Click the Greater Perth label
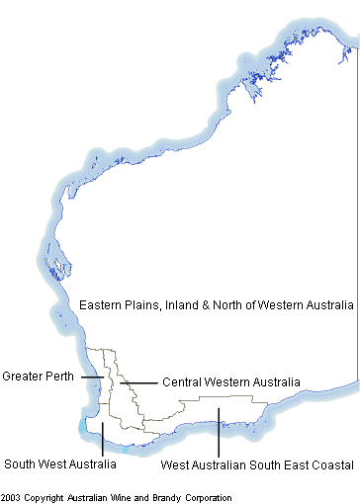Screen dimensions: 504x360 (x=40, y=377)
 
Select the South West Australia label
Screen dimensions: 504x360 (x=59, y=463)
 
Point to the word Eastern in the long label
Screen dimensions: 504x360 (x=102, y=305)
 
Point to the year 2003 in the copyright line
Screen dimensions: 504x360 (x=12, y=497)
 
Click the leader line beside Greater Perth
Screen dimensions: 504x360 (x=92, y=377)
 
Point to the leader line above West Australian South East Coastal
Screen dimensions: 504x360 (x=218, y=437)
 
